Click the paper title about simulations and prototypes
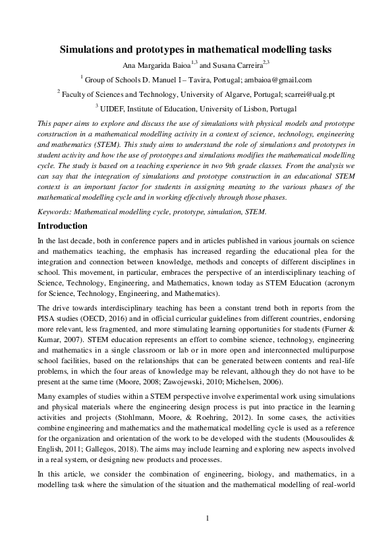pos(196,49)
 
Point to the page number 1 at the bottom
pos(207,518)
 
